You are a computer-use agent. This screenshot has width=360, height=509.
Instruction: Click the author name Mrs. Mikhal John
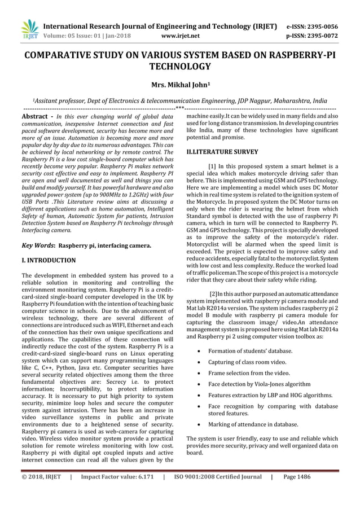point(179,85)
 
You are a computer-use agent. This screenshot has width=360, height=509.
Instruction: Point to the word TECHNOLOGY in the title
point(179,67)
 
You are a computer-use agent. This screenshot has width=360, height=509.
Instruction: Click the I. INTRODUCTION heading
point(48,261)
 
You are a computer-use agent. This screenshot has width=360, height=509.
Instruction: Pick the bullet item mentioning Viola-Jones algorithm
point(260,384)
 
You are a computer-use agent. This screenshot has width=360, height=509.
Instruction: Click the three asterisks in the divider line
point(180,108)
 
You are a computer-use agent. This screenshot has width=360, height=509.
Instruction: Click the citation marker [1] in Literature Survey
point(214,166)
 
